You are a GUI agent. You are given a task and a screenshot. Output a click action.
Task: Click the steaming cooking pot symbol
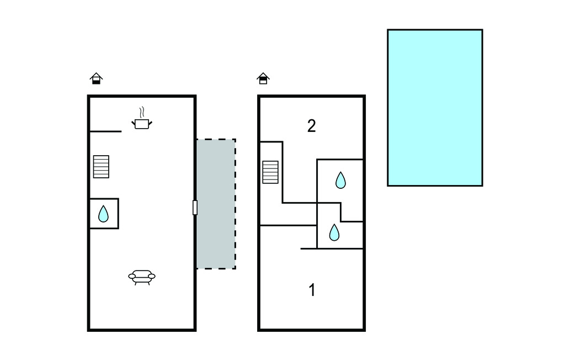[142, 123]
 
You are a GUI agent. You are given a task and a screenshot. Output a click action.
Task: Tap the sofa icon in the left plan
[142, 277]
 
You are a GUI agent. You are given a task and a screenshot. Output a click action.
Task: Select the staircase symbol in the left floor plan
[101, 167]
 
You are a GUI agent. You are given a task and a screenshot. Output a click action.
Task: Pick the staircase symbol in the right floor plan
[270, 172]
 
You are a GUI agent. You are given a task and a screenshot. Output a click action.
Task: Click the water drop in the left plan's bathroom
[103, 214]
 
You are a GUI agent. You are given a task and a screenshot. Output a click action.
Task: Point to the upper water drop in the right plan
[340, 180]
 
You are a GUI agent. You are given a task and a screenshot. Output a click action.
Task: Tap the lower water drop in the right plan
[334, 232]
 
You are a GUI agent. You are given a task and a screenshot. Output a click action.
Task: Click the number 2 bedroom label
[312, 126]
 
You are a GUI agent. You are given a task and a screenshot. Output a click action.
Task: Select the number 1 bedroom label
[312, 290]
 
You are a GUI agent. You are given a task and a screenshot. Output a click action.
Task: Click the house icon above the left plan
[97, 78]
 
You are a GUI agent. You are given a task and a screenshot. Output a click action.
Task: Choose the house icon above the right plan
[263, 78]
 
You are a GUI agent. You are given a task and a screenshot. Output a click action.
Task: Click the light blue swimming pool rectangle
[435, 108]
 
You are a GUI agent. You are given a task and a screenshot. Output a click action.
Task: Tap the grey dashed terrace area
[216, 204]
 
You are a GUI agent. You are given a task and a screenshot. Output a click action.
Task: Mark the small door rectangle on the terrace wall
[195, 208]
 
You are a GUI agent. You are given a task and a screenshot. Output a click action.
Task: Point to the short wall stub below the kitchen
[105, 131]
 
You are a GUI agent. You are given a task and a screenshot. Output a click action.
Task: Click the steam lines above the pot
[142, 112]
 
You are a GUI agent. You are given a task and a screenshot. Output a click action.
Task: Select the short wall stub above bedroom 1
[309, 249]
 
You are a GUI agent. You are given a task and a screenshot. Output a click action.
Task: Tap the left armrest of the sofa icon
[131, 276]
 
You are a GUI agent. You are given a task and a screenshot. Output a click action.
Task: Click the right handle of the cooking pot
[150, 121]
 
